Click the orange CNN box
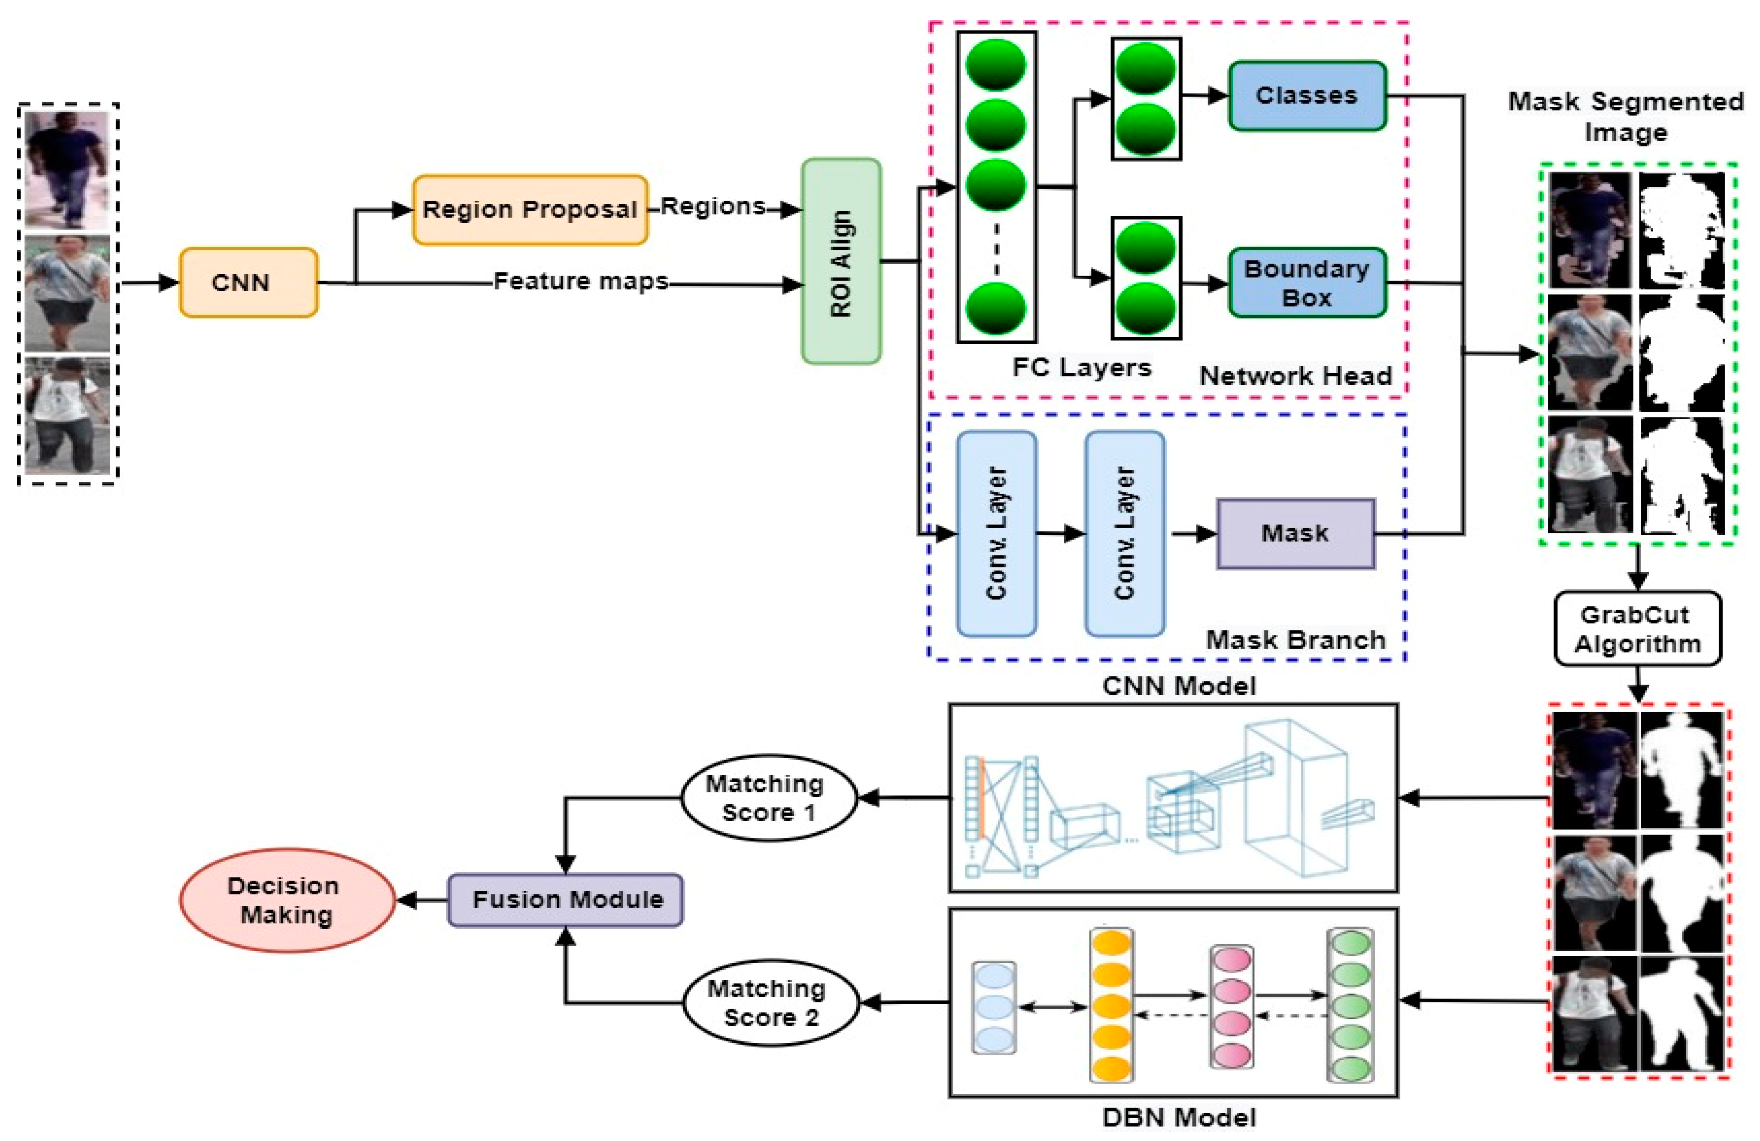tap(248, 282)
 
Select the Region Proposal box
tap(530, 209)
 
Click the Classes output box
tap(1307, 95)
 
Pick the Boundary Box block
tap(1307, 282)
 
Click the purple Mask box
tap(1295, 533)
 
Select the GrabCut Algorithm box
tap(1637, 629)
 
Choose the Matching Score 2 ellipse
tap(770, 1003)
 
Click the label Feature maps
tap(580, 281)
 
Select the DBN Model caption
tap(1179, 1117)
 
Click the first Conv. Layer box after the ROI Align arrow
tap(996, 533)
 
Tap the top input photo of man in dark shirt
tap(67, 170)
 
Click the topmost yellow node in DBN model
tap(1111, 944)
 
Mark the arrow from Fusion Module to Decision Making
tap(421, 900)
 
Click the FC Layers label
tap(1081, 368)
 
